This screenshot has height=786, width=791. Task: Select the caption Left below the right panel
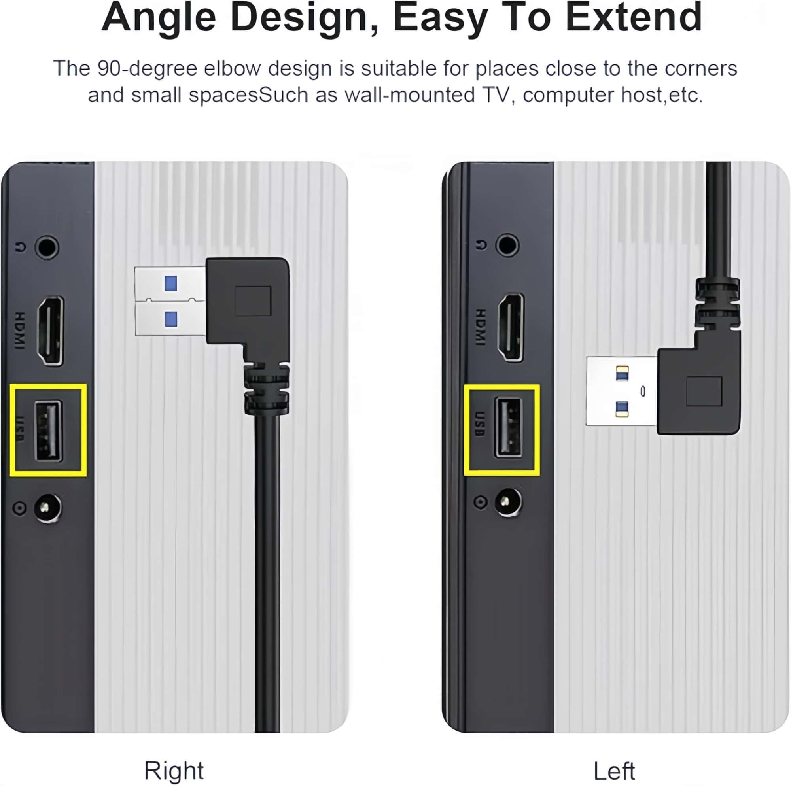point(614,771)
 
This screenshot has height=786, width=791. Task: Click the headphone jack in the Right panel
point(46,247)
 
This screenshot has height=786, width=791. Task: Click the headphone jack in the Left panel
point(508,245)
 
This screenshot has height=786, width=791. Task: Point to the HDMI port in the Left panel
point(511,327)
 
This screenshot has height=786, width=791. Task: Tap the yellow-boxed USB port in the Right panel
point(49,431)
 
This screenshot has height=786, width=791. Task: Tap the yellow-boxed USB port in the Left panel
point(509,427)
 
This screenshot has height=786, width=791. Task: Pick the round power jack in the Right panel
point(47,508)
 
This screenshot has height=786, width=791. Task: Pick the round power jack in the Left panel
point(509,502)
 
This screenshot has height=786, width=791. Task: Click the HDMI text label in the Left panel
point(481,327)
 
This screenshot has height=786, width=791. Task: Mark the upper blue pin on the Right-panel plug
point(171,283)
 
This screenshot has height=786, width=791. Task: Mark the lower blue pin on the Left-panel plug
point(622,408)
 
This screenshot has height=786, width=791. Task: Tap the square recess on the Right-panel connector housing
point(253,301)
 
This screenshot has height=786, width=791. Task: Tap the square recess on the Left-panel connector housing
point(704,392)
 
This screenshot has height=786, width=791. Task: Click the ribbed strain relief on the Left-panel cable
point(718,304)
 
